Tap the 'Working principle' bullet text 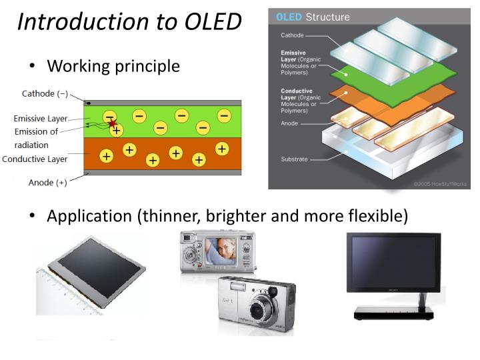(113, 66)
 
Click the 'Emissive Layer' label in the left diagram (41, 119)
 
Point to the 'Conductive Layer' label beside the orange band (35, 159)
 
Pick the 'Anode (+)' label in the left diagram (47, 183)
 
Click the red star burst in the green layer (112, 123)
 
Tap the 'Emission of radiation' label (36, 137)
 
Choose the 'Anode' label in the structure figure (290, 123)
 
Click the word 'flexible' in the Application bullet (378, 216)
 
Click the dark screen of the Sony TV (393, 263)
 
